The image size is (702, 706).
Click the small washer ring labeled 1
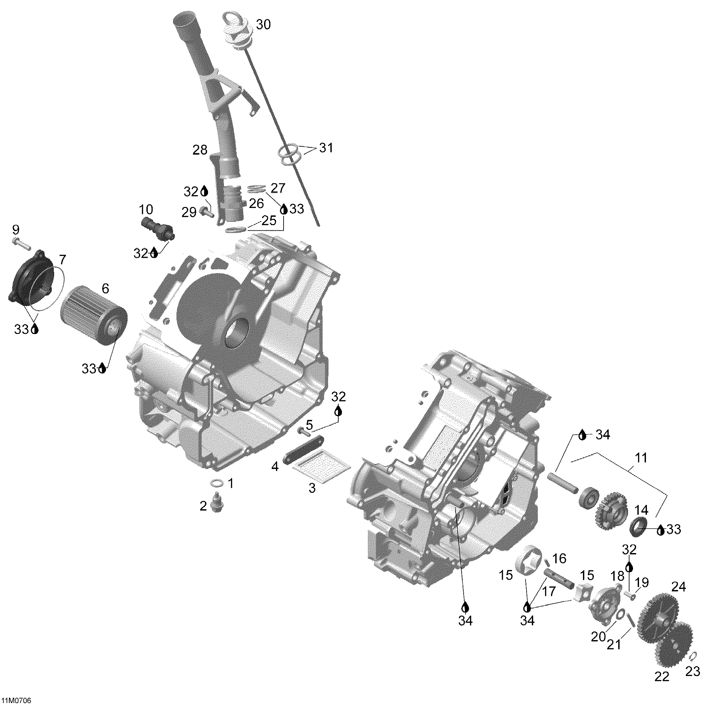coord(217,484)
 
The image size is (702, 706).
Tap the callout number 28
coord(200,150)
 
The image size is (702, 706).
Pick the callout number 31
coord(326,148)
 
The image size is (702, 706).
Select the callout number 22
coord(662,676)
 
